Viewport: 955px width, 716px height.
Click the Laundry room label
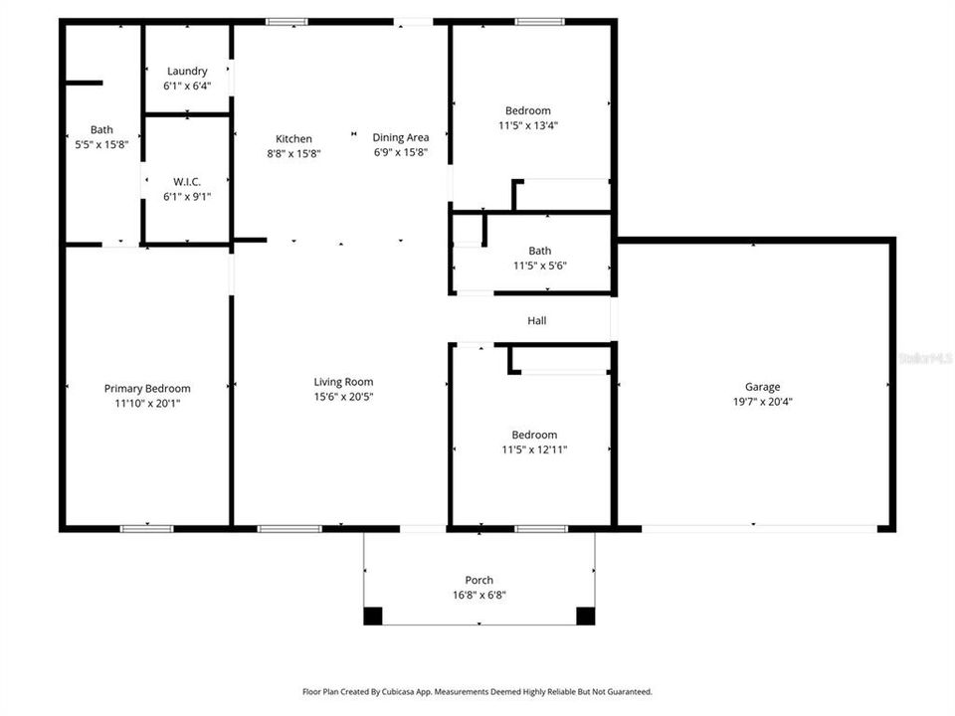[x=187, y=71]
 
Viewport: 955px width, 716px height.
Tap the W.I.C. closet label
[x=187, y=181]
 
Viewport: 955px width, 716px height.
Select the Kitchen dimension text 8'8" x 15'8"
[x=293, y=153]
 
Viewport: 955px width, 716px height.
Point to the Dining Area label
[x=401, y=137]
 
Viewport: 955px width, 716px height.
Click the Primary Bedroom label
[x=147, y=389]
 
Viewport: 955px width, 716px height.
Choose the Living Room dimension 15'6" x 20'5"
[x=343, y=397]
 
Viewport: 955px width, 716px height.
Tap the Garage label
[x=763, y=387]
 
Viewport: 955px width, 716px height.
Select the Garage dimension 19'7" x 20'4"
[x=763, y=402]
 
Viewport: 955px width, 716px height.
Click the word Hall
[x=536, y=320]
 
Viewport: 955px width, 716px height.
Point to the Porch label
[x=478, y=580]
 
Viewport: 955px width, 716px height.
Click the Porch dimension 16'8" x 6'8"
[x=478, y=595]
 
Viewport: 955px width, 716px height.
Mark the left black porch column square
[x=372, y=616]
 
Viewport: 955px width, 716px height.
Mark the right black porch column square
[x=586, y=616]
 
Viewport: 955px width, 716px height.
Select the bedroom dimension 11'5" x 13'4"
[x=527, y=125]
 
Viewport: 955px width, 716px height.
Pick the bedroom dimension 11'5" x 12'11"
[x=534, y=449]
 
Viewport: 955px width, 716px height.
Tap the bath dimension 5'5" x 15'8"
[x=101, y=144]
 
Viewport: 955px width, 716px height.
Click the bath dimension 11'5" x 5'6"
[x=540, y=266]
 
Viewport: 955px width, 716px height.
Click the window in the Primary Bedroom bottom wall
[x=146, y=528]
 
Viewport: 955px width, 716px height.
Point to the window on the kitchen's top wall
[x=286, y=21]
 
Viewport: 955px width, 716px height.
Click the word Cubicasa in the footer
[x=427, y=691]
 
